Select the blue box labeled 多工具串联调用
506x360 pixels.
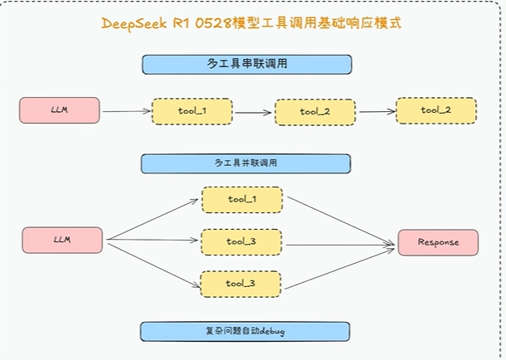246,64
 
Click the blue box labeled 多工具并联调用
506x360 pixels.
246,163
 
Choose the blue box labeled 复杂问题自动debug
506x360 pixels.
246,332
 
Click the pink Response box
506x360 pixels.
437,242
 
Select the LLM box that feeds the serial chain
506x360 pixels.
60,110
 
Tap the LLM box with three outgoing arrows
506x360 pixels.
62,240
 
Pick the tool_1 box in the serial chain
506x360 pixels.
192,110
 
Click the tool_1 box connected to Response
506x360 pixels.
241,200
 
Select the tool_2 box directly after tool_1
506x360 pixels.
314,112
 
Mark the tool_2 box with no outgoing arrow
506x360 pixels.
435,110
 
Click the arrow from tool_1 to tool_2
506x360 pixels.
253,111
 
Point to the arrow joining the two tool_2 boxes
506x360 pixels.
375,111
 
